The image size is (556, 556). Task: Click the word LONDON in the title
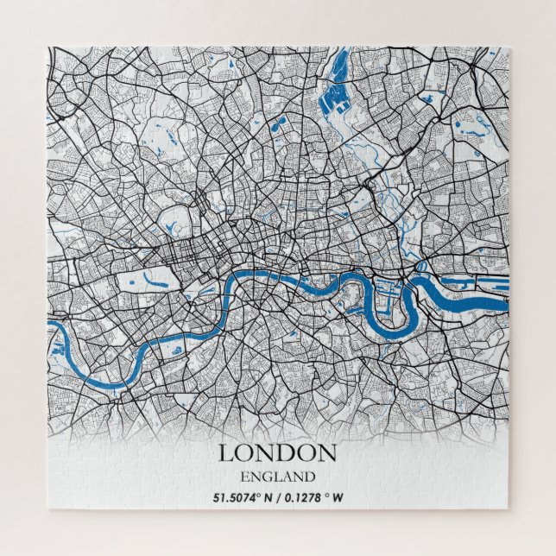coord(277,452)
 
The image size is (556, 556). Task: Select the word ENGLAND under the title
coord(277,476)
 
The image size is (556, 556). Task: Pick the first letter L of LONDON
coord(225,452)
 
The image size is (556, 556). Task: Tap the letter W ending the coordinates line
coord(338,497)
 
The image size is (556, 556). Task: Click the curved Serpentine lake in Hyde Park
coord(156,279)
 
